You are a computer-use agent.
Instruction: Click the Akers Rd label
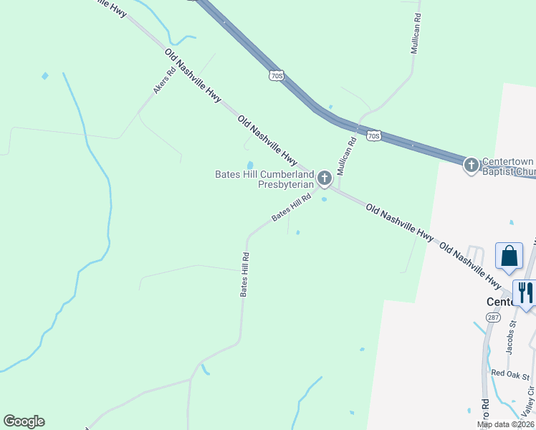click(164, 81)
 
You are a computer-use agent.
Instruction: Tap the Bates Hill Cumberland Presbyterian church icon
click(324, 177)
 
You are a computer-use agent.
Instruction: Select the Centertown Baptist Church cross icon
click(471, 166)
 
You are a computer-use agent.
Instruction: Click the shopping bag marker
click(509, 256)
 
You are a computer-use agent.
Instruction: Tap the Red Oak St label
click(510, 375)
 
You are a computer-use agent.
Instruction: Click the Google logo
click(24, 421)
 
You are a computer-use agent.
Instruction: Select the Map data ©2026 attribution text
click(505, 424)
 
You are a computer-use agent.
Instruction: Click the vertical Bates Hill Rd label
click(244, 274)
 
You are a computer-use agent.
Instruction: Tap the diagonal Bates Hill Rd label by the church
click(292, 206)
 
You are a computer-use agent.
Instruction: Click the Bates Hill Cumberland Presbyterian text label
click(265, 179)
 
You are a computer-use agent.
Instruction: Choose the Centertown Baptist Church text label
click(508, 166)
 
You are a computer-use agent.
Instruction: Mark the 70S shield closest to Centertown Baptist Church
click(373, 135)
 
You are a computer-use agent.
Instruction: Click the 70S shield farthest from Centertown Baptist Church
click(277, 75)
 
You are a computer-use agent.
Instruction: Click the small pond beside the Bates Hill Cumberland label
click(250, 165)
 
